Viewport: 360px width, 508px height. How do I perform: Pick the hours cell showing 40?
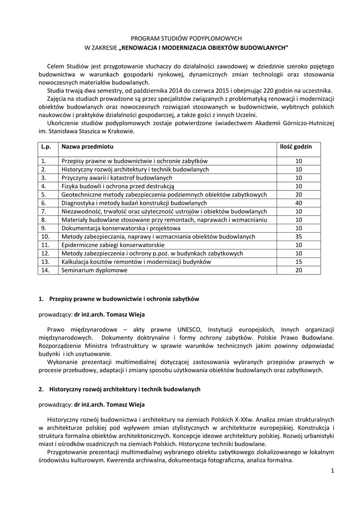(x=298, y=203)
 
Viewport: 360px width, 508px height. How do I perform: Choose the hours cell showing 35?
(x=298, y=237)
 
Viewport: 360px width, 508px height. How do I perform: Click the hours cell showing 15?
(x=298, y=262)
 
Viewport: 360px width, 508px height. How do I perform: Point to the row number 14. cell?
(x=46, y=270)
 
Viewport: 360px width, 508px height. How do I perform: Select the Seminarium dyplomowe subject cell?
(x=94, y=270)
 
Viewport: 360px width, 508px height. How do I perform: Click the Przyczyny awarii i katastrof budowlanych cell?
(x=117, y=178)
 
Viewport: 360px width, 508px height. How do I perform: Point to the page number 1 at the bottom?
(x=332, y=470)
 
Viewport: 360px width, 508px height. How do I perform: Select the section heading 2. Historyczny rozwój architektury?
(x=120, y=389)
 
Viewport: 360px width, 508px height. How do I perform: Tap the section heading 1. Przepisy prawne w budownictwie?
(x=119, y=299)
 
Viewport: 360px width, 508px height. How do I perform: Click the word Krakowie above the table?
(x=120, y=131)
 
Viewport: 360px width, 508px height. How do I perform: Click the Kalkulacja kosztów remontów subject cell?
(x=136, y=262)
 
